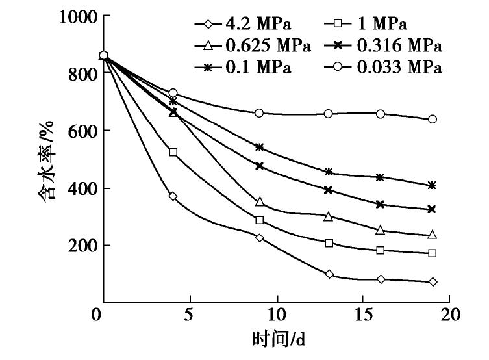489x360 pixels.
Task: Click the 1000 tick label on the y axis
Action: tap(76, 18)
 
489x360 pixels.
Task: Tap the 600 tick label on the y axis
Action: tap(81, 131)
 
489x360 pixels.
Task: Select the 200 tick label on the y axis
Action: tap(81, 246)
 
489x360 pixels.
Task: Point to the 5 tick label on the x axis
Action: tap(189, 316)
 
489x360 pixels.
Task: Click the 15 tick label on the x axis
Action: tap(363, 316)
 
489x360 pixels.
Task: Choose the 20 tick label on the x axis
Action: tap(449, 316)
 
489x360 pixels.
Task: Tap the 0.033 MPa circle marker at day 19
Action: tap(433, 120)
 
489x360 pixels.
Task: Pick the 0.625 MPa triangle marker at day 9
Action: tap(260, 202)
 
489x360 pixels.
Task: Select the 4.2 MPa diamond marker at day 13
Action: tap(329, 274)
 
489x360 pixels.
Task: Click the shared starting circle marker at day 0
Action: tap(103, 56)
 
